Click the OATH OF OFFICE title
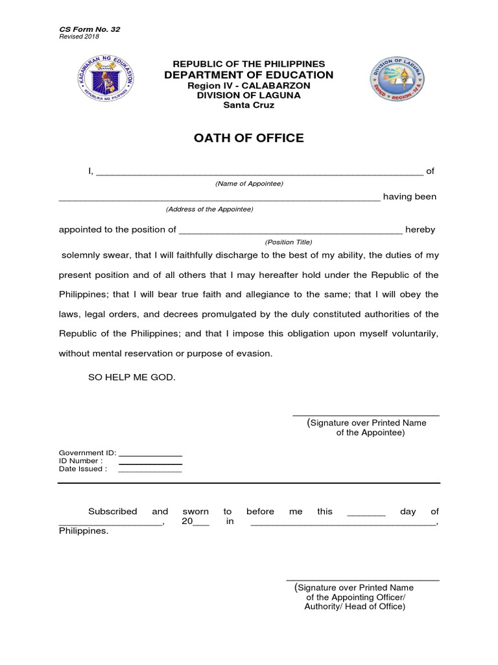tap(250, 138)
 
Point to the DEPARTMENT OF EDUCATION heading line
tap(250, 75)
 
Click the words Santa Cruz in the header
tap(250, 105)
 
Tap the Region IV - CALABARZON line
tap(250, 86)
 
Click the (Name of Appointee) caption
tap(250, 184)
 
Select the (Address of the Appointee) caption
tap(209, 209)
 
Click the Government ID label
tap(87, 453)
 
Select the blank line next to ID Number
tap(150, 464)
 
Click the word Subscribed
tap(112, 512)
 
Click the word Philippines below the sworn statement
tap(84, 531)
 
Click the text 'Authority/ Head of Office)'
tap(355, 607)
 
